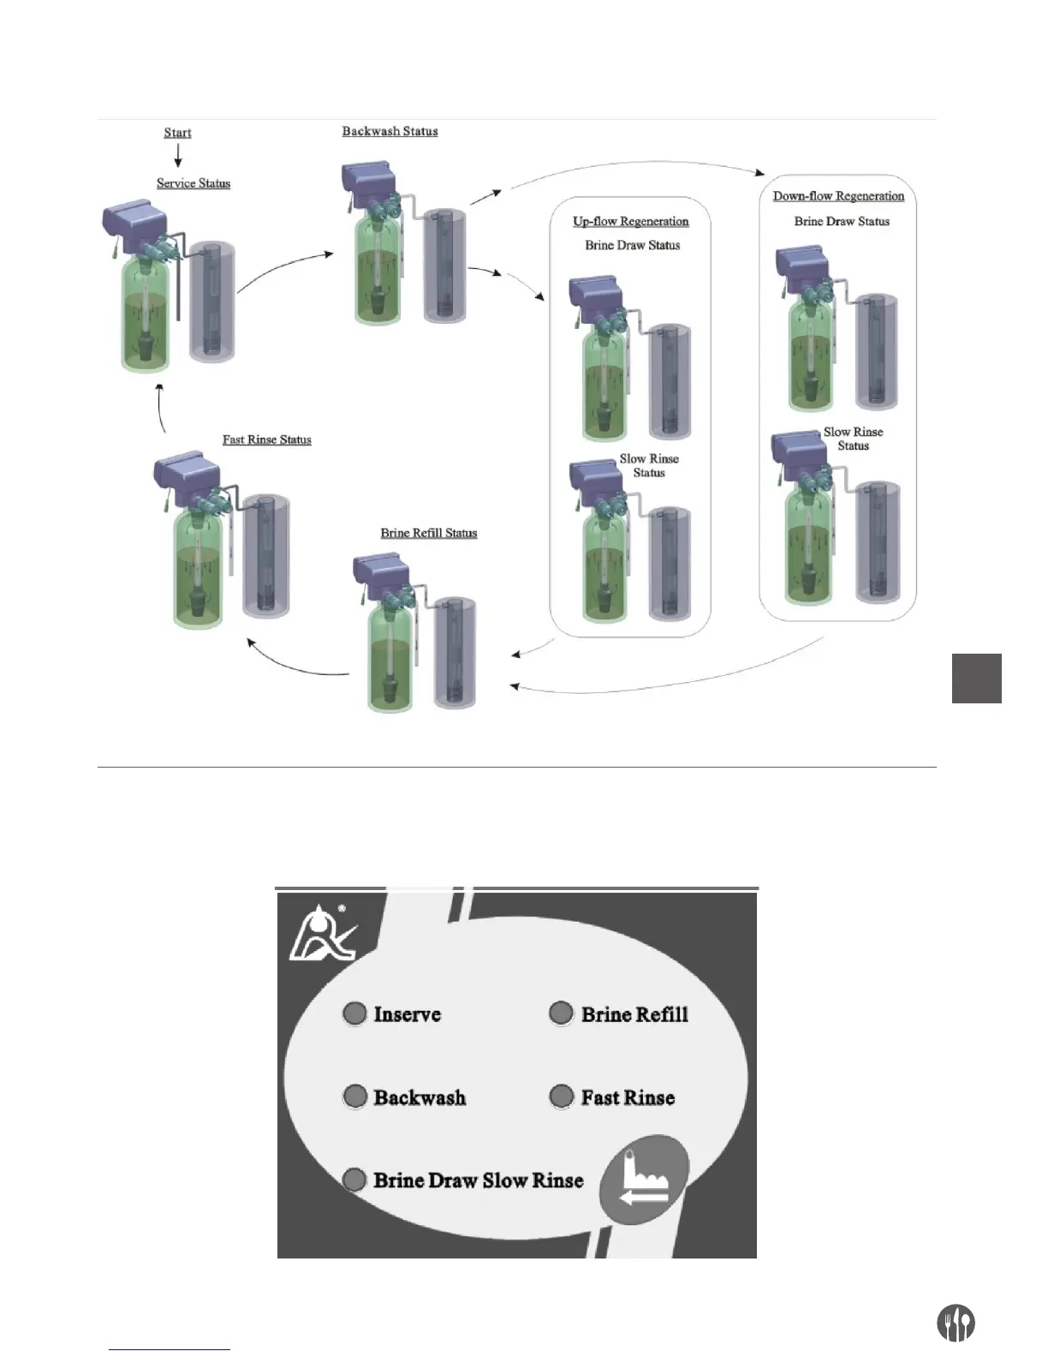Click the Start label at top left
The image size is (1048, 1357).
(x=177, y=133)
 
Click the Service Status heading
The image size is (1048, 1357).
(x=194, y=183)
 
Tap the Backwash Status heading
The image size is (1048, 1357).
(x=390, y=131)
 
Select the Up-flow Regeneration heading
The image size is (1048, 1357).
(x=630, y=221)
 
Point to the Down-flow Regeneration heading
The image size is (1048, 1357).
(x=838, y=196)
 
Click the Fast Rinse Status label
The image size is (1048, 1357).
(x=267, y=439)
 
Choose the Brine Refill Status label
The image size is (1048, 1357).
(x=429, y=533)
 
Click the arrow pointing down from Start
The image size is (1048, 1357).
(x=178, y=156)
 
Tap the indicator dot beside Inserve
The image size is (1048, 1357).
(x=354, y=1014)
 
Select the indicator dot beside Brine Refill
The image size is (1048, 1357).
(x=561, y=1014)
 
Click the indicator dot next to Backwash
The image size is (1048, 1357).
(x=354, y=1097)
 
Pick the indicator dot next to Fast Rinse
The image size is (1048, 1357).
(x=561, y=1097)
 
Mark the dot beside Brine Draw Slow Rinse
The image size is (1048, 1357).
(x=354, y=1181)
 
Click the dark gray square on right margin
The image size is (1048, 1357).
(x=977, y=678)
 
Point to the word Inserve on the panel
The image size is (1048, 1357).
(x=408, y=1014)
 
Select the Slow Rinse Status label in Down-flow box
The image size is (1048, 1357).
(x=853, y=439)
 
